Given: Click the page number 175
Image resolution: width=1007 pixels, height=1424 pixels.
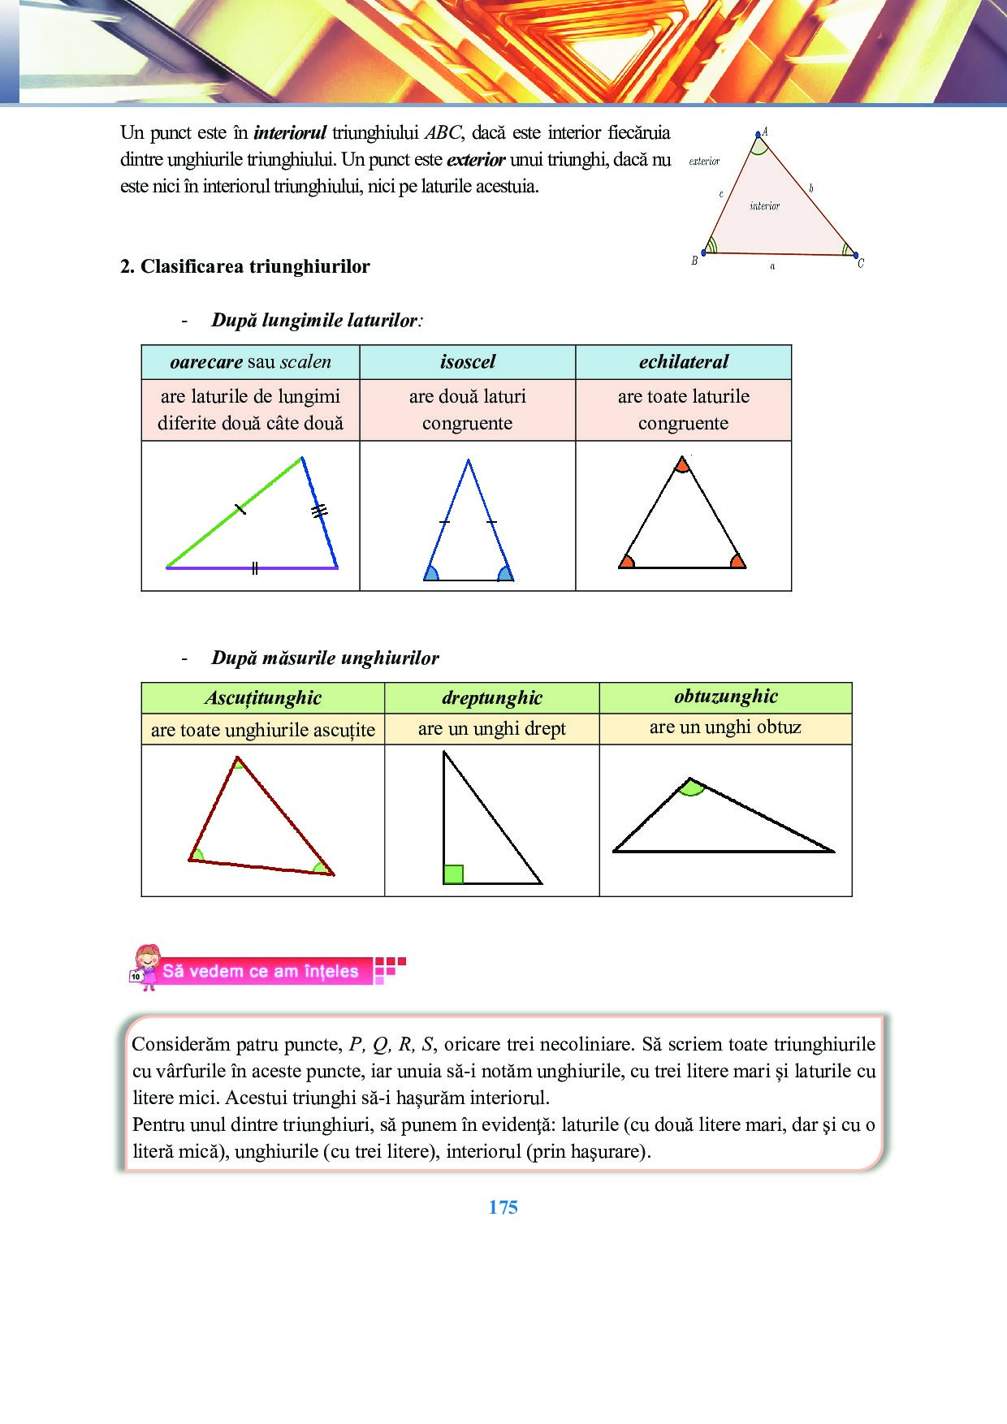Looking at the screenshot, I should pos(503,1207).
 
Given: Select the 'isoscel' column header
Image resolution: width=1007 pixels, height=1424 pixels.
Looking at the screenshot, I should pos(468,362).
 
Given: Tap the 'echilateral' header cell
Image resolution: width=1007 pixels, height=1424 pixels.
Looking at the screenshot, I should pos(683,362).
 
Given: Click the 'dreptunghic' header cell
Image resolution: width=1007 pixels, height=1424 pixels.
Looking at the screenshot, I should pos(492,698).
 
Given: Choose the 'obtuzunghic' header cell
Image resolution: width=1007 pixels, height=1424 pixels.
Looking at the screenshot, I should pos(725,697).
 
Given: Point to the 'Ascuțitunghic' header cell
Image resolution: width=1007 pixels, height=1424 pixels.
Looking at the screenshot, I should pos(262,698).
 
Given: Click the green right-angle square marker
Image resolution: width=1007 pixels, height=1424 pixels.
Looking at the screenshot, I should pos(453,874).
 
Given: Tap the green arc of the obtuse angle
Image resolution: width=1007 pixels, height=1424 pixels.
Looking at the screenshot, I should pos(691,788).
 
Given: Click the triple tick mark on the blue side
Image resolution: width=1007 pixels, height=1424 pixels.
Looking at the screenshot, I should pos(320,511).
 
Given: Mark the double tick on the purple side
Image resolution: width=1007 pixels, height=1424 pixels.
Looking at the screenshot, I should pos(255,568).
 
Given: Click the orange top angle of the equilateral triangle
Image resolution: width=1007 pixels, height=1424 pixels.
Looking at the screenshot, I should pos(682,465).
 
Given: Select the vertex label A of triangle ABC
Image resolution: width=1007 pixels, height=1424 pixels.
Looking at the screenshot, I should pos(764,132).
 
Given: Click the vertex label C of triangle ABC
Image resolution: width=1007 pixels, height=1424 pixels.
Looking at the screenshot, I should pos(861,263).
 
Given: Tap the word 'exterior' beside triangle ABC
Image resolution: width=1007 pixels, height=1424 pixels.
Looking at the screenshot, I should pos(704,162).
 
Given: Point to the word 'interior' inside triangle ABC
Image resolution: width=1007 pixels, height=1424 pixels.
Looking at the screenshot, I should pos(764,206).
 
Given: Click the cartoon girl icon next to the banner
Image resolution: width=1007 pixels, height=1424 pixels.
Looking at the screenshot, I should pos(146,967).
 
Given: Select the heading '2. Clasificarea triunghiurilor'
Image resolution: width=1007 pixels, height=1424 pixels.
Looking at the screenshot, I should pos(244,266).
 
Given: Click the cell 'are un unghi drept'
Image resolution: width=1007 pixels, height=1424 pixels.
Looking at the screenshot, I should pos(492,729).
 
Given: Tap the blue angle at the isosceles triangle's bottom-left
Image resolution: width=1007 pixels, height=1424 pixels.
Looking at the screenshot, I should pos(431,574).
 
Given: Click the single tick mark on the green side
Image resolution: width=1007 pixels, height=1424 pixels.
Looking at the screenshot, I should pos(240,510).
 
